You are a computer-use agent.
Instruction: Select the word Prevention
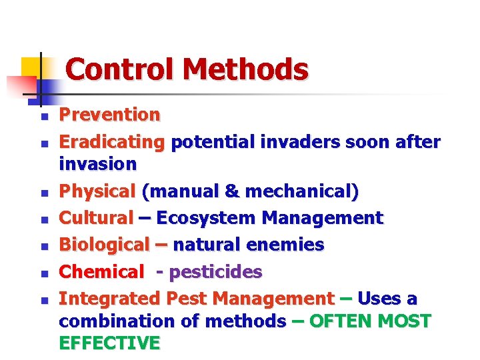(109, 115)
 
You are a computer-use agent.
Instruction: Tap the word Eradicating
(111, 143)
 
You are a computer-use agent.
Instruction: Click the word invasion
(97, 164)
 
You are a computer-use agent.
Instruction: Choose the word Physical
(97, 192)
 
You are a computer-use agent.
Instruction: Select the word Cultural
(97, 218)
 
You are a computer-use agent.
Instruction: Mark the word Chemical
(101, 272)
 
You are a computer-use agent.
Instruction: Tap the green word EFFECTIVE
(109, 343)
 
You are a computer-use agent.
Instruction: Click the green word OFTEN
(341, 321)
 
